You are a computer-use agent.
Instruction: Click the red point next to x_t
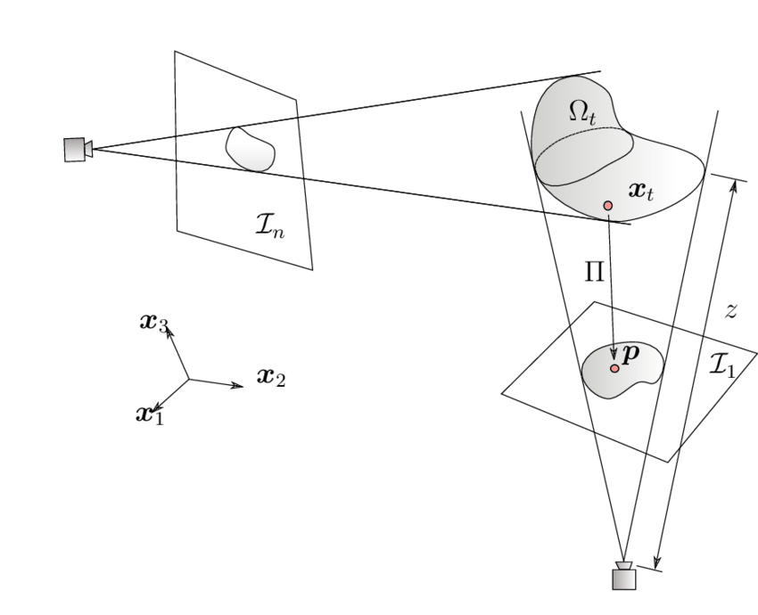point(608,206)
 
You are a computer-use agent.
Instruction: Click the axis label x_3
point(153,321)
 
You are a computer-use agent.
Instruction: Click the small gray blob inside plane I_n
point(249,148)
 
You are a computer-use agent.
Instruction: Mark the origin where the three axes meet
point(189,379)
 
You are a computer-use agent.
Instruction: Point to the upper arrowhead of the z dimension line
point(732,187)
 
